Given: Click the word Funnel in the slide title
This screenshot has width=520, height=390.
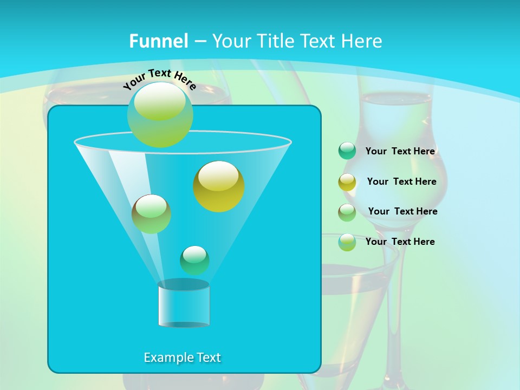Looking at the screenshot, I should [159, 41].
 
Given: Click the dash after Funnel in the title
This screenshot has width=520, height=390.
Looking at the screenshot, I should [199, 42].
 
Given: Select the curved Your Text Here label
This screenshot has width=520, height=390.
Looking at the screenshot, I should [159, 79].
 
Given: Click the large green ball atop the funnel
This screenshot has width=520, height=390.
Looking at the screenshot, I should [160, 114].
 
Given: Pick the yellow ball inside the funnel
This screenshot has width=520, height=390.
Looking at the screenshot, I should [219, 186].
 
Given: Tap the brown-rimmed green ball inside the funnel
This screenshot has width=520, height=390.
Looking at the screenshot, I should [151, 214].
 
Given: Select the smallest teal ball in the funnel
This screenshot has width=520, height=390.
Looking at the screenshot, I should [194, 260].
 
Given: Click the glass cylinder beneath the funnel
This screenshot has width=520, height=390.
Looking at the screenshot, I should [184, 304].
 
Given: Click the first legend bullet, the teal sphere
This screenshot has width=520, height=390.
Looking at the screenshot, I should [347, 151].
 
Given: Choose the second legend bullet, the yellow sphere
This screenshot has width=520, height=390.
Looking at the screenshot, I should [347, 182].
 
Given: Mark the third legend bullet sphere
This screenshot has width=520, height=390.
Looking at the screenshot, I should [347, 212].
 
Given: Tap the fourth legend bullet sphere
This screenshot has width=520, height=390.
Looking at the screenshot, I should [347, 242].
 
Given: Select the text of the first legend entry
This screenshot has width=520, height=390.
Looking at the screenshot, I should [400, 151].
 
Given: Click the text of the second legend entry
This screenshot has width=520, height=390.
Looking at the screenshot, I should [401, 181].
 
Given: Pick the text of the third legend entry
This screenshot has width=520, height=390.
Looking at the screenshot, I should [402, 211].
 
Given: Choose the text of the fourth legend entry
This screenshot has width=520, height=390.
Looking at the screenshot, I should [400, 242].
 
